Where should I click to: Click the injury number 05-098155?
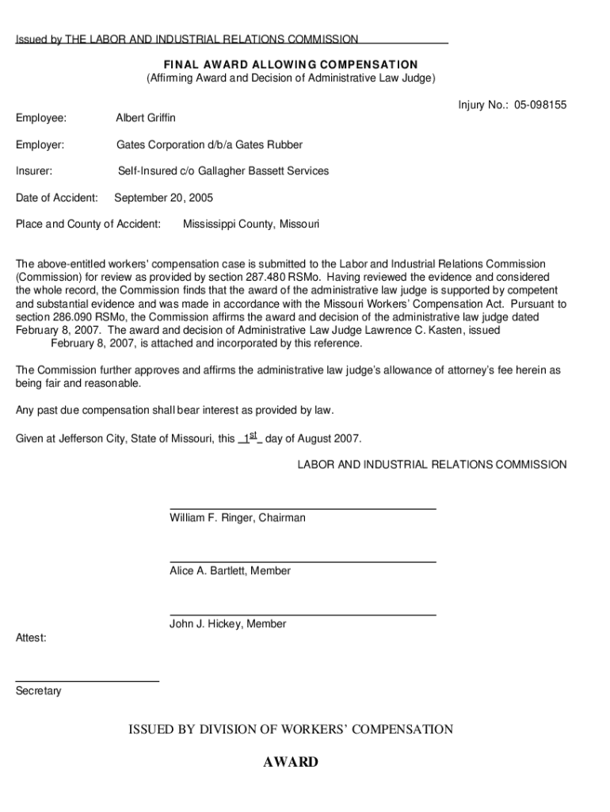tap(539, 105)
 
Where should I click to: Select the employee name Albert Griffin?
tap(146, 117)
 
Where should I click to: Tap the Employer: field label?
tap(40, 144)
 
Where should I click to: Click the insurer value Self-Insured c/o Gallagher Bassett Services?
tap(223, 170)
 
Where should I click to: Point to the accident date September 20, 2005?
tap(164, 197)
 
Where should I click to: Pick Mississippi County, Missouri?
tap(251, 224)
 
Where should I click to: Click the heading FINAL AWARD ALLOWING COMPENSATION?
tap(291, 64)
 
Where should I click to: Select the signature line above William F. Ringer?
tap(303, 508)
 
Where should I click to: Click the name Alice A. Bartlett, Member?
tap(230, 571)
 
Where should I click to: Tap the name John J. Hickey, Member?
tap(227, 624)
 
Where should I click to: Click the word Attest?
tap(31, 638)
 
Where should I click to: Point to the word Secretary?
tap(38, 691)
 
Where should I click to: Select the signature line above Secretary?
tap(87, 681)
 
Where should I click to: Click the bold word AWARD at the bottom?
tap(291, 762)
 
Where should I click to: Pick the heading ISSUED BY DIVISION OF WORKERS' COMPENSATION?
tap(291, 729)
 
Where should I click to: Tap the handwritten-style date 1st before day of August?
tap(250, 437)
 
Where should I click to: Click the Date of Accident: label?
tap(57, 197)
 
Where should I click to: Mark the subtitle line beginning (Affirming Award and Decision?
tap(291, 78)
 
